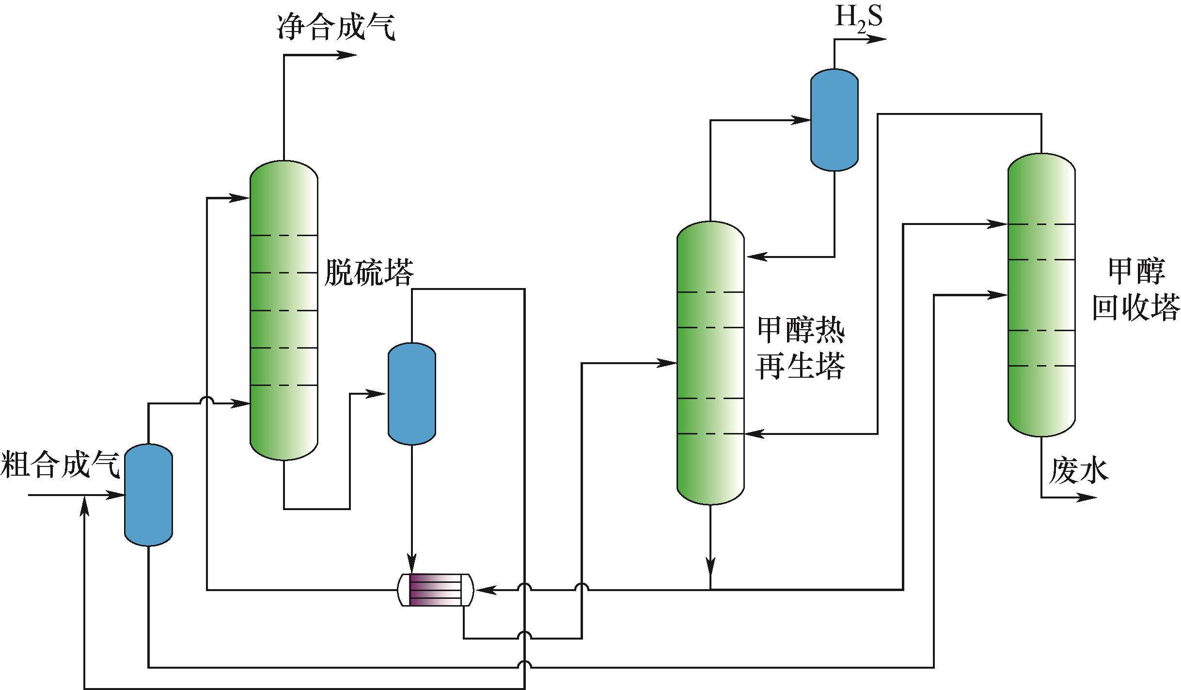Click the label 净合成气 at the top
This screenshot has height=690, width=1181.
point(336,27)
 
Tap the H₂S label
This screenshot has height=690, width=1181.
point(858,17)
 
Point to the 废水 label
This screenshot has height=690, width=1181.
point(1078,471)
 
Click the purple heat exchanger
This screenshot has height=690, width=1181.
point(435,590)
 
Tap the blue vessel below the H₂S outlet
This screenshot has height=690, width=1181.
point(834,120)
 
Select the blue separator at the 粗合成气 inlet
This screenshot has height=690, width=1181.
point(148,495)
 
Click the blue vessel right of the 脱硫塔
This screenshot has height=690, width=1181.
point(411,393)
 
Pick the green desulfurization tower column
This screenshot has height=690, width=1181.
point(283,310)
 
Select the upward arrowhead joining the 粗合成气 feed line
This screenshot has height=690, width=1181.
point(85,505)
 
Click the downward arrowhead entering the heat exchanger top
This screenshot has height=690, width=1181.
point(411,565)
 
